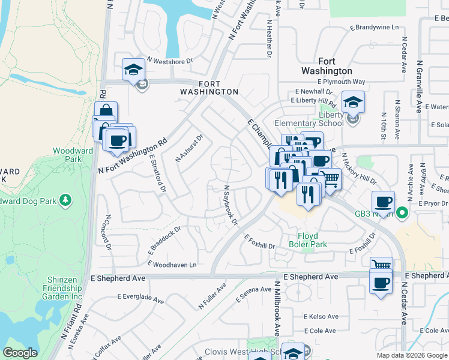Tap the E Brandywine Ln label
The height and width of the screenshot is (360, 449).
(x=374, y=28)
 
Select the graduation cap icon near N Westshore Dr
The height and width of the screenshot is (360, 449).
(x=133, y=70)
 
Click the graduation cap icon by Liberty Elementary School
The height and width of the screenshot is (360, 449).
(x=354, y=103)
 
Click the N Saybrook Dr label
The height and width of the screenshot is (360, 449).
(x=231, y=205)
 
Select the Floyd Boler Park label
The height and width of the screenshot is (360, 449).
(x=312, y=241)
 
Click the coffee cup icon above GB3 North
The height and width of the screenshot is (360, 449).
(x=383, y=202)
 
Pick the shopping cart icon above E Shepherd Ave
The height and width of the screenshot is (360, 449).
(x=381, y=265)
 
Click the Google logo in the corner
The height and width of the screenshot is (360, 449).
(x=20, y=353)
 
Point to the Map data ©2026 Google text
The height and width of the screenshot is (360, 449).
(x=411, y=355)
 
